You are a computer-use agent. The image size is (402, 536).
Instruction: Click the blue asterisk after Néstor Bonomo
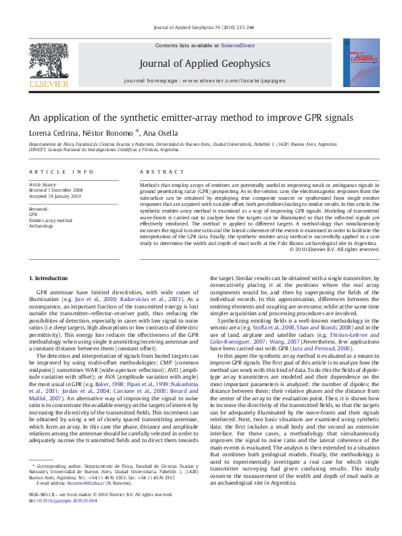point(137,132)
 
